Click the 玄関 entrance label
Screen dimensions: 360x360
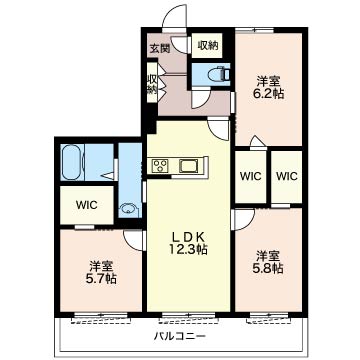[x=159, y=49]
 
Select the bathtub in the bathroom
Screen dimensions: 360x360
[x=73, y=163]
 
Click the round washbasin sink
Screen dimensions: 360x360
[x=127, y=209]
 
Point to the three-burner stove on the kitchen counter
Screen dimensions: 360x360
[x=160, y=165]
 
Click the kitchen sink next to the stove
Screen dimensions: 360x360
[x=189, y=165]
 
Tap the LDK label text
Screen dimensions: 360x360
[x=188, y=237]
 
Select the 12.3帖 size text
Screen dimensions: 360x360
[x=189, y=249]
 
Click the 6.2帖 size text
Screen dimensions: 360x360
[x=268, y=93]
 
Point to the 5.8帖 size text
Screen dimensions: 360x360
[x=268, y=268]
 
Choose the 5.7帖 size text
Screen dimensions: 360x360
[x=101, y=278]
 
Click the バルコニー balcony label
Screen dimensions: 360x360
[x=180, y=336]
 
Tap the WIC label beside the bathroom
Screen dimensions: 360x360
[x=86, y=205]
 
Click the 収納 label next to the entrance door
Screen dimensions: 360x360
[x=207, y=45]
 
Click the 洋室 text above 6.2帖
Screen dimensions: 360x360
[x=268, y=81]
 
